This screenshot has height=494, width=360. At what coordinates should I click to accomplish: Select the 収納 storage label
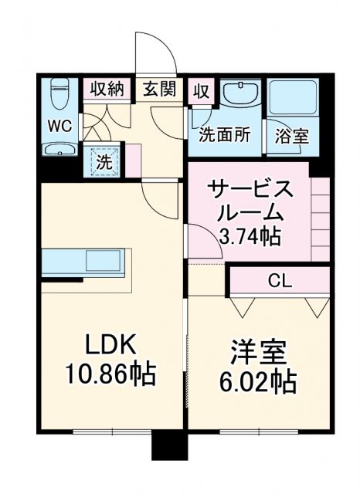click(x=107, y=89)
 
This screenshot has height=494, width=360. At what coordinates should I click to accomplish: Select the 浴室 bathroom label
click(x=293, y=136)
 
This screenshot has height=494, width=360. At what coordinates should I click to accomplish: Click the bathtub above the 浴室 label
click(x=293, y=97)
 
